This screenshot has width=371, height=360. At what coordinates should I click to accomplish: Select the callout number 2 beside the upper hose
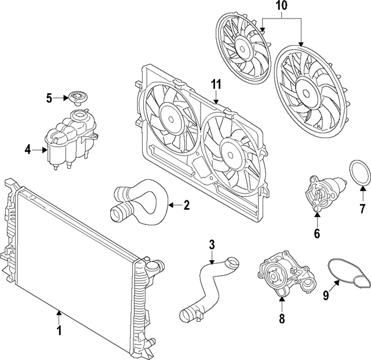click(x=186, y=205)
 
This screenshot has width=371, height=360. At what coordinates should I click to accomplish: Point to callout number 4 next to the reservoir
click(x=28, y=150)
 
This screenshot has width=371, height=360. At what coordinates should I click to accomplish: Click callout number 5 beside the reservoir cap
click(x=49, y=99)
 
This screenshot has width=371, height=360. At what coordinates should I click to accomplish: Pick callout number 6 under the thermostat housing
click(x=317, y=234)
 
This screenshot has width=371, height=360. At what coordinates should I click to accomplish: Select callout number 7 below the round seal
click(x=362, y=208)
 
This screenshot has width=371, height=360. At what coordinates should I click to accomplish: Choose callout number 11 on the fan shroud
click(x=216, y=85)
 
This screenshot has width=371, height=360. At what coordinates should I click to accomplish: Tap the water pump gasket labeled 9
click(x=348, y=273)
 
